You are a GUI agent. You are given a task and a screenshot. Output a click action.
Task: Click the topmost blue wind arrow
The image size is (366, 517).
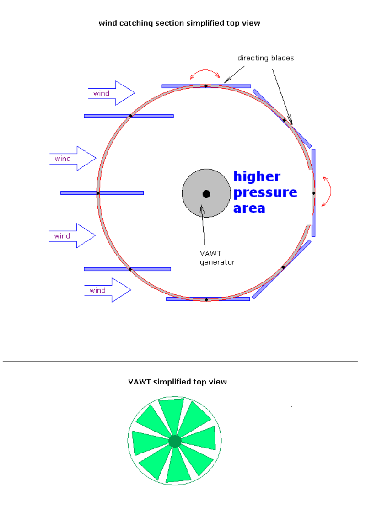[111, 93]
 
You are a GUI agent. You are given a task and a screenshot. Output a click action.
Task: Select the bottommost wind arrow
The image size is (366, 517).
[108, 290]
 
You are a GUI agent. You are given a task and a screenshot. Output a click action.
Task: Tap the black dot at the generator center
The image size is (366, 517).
[206, 194]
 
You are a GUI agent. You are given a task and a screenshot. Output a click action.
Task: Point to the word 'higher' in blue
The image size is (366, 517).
[257, 176]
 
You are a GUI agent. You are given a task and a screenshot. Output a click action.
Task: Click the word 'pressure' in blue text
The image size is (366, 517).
[265, 192]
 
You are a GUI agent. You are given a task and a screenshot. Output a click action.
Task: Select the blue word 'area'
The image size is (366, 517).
[249, 208]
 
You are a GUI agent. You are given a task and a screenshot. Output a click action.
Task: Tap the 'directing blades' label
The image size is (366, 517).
[265, 58]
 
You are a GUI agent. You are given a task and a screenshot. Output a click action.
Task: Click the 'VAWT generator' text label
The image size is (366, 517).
[217, 258]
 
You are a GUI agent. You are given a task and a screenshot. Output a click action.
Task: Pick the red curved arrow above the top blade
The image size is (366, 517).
[205, 73]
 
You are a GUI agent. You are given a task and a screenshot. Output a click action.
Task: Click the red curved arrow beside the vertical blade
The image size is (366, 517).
[328, 192]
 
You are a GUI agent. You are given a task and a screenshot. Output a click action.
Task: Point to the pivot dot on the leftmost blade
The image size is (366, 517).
[98, 193]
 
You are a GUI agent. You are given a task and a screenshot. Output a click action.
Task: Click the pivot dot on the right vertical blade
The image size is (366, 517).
[314, 193]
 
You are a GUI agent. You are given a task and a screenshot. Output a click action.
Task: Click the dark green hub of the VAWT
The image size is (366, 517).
[175, 441]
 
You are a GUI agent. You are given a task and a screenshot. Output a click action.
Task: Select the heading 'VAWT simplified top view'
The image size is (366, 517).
[178, 382]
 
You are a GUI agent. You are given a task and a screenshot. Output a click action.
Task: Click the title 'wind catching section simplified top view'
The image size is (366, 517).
[179, 23]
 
